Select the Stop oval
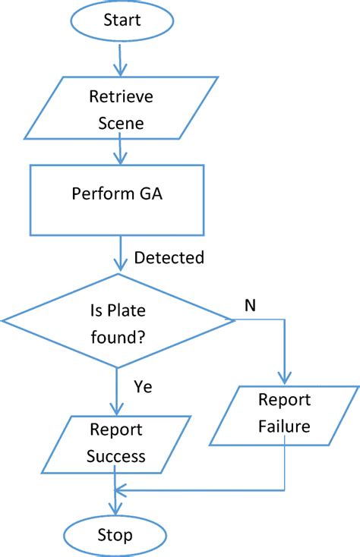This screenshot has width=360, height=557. pos(115,535)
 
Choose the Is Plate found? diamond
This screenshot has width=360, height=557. pos(118,323)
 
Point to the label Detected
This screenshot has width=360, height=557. pos(169,258)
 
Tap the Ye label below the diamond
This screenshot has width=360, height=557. pos(143,387)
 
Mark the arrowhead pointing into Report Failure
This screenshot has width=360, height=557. pos(284,379)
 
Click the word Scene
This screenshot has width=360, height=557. pos(122,124)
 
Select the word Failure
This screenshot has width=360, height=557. pos(283,426)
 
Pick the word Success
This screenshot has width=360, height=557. pos(115,457)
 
